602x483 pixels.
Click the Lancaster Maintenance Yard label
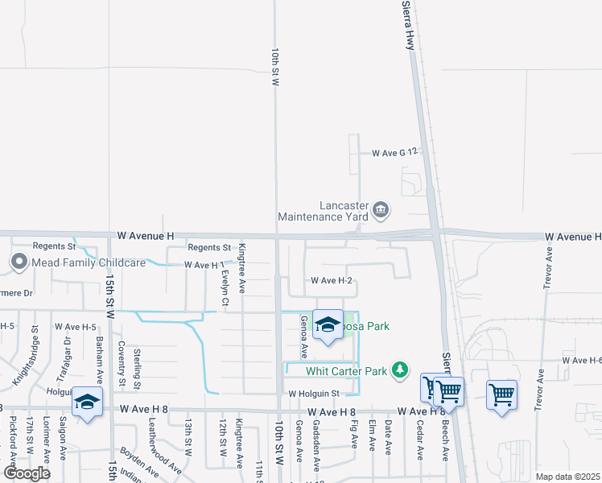coord(322,211)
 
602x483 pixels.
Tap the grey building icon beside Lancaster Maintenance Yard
coord(381,212)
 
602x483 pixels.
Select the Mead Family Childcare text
coord(89,262)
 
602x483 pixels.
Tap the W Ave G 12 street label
coord(395,152)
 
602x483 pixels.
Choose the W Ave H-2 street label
coord(332,280)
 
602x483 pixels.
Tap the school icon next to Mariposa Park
coord(328,324)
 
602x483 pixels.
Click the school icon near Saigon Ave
coord(87,402)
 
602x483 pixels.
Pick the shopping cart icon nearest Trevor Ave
coord(501,394)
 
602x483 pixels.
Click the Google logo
coord(27,473)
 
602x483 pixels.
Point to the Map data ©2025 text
coord(567,477)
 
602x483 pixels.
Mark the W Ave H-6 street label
coord(582,360)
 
